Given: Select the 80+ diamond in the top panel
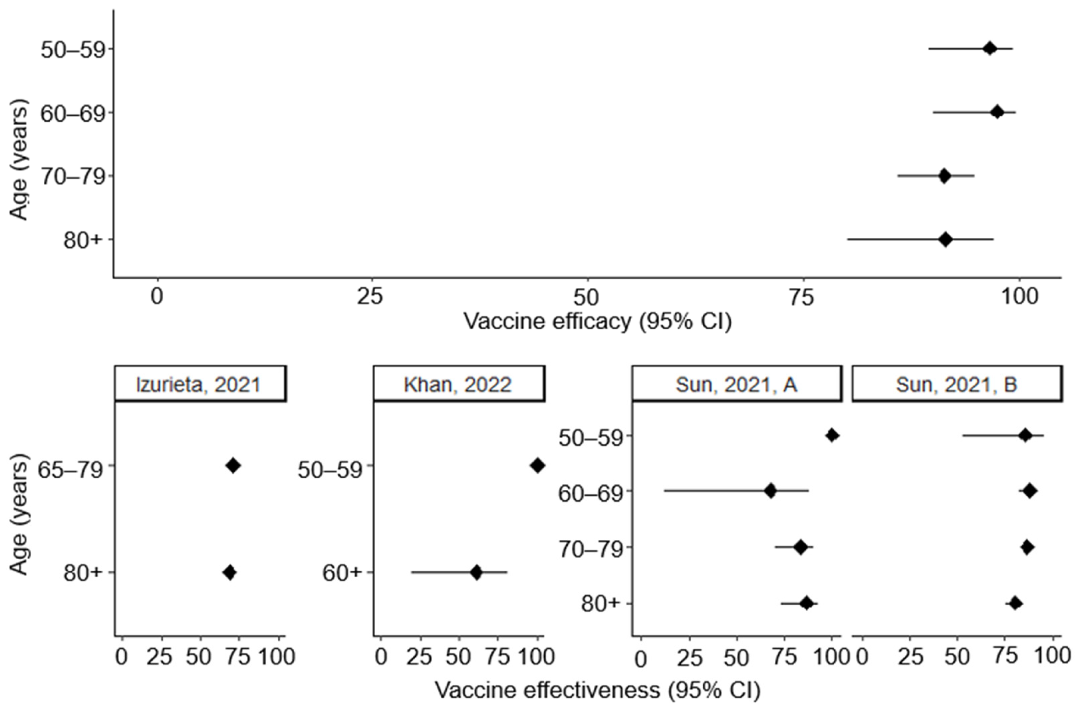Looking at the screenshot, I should coord(945,240).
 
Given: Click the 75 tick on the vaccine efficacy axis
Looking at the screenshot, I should coord(802,297).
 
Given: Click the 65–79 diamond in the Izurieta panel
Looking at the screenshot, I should coord(233,466).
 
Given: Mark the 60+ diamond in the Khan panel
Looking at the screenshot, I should coord(477,573).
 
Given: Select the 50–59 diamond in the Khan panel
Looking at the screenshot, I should coord(538,466).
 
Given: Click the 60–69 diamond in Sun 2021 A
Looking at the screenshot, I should coord(771,491).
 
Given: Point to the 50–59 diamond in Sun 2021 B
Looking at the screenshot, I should coord(1025,435).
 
